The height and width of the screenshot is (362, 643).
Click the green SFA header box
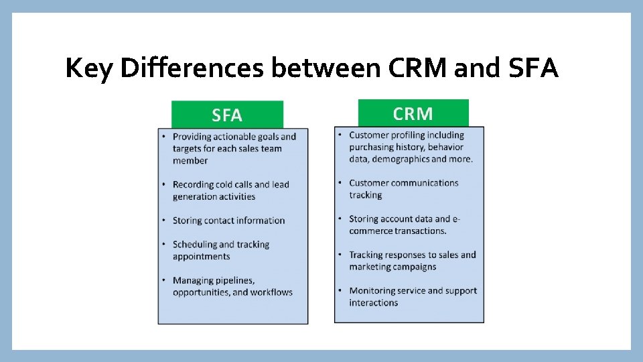[227, 115]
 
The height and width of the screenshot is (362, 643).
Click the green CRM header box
[413, 113]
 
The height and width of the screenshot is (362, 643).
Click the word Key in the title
[90, 68]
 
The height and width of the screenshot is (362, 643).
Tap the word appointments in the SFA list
[201, 256]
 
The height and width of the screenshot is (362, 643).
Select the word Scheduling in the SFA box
[194, 245]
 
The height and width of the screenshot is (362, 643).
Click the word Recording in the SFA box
[193, 184]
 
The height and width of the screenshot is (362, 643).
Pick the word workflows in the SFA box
[271, 292]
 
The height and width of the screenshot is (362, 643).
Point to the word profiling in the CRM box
[415, 135]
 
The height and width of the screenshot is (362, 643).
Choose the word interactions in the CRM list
[373, 302]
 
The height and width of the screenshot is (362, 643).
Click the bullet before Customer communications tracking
[341, 183]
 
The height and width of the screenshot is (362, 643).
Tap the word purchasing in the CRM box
[372, 147]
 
